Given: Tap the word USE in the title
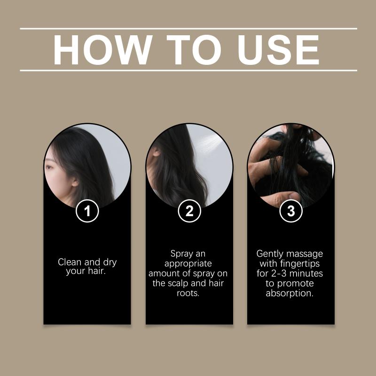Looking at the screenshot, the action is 278,50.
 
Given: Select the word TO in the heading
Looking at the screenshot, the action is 194,50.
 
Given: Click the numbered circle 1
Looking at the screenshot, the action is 87,211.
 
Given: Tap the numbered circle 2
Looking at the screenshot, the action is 189,211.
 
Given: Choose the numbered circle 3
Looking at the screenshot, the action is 291,211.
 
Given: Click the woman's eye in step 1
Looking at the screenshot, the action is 49,167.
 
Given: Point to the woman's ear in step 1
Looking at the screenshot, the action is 75,182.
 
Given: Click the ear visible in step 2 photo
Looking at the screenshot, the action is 156,151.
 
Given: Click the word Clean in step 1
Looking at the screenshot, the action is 69,262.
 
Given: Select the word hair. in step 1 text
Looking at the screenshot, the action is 97,271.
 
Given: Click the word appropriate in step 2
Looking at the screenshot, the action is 188,264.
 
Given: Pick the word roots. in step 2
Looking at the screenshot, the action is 188,293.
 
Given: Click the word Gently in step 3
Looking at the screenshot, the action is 270,254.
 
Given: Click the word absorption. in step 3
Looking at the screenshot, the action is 290,293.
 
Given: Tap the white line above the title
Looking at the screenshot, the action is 188,29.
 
